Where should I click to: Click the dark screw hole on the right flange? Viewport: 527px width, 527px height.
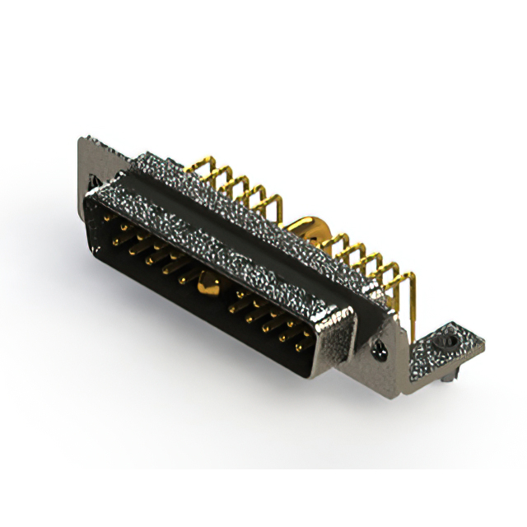380,349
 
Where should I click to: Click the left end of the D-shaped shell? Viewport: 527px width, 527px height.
89,206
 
